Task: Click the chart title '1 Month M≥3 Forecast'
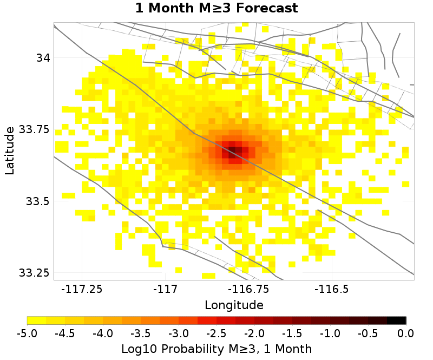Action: point(216,9)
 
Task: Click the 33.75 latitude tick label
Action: point(34,129)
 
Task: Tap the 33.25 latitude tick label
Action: point(34,272)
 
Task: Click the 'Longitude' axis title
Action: point(234,305)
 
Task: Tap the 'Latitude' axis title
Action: point(10,151)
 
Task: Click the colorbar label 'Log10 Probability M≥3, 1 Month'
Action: point(216,348)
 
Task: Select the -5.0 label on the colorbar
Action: point(27,332)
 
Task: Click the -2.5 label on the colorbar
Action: point(216,332)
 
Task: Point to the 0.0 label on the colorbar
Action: point(405,332)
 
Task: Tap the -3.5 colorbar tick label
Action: point(141,332)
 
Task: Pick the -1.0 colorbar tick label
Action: point(330,332)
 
